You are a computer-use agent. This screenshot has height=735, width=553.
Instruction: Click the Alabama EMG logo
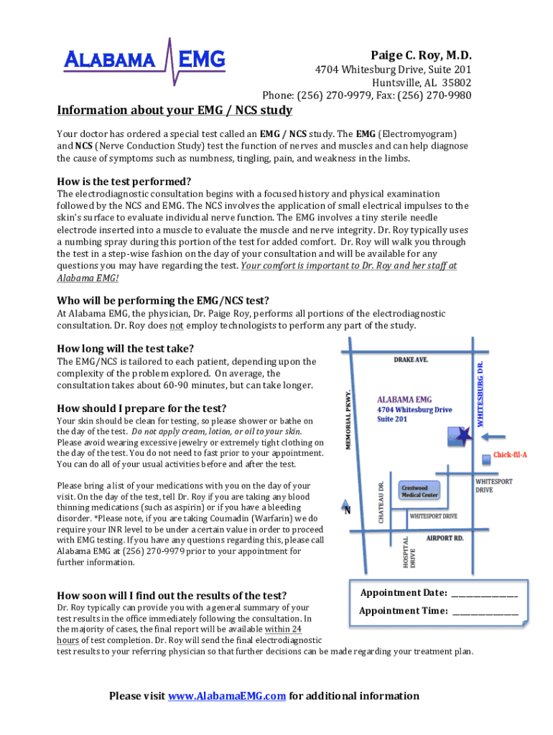(144, 62)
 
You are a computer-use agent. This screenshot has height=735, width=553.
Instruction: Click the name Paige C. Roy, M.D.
(421, 55)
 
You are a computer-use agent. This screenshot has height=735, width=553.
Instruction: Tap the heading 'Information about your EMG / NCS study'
(175, 110)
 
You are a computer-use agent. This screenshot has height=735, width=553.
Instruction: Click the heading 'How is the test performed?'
(124, 182)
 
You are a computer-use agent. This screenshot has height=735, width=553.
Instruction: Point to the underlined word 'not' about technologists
(177, 325)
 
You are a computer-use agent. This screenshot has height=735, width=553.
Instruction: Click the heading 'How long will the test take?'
(125, 348)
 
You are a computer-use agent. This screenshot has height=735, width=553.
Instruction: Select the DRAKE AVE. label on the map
(411, 360)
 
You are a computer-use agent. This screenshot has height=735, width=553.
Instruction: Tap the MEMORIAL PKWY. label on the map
(348, 419)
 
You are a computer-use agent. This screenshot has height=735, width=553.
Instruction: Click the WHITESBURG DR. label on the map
(480, 394)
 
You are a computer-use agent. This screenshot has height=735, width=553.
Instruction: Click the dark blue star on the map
(463, 436)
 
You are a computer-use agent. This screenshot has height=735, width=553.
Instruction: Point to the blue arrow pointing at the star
(493, 437)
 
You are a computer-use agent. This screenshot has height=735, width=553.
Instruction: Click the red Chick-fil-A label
(510, 454)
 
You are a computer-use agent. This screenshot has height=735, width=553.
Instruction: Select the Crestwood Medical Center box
(419, 491)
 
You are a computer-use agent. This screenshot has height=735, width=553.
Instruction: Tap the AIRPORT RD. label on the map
(445, 538)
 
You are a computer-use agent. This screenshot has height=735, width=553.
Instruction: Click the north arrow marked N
(346, 507)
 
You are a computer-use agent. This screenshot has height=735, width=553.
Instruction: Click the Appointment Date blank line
(485, 596)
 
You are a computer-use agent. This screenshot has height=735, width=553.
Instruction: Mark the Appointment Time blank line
(485, 614)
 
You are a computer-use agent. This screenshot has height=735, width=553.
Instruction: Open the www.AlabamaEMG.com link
(227, 696)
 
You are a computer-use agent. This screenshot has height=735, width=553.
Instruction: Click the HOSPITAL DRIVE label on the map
(409, 552)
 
